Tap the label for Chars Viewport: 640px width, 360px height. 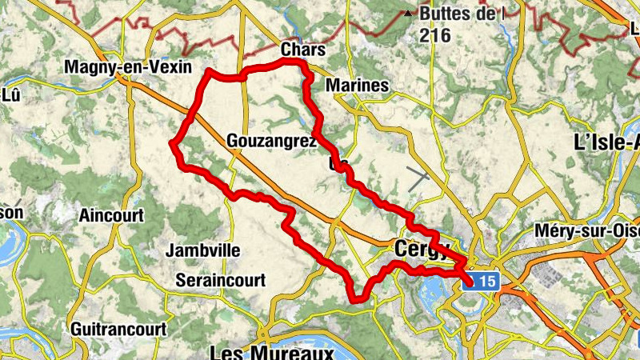(x=303, y=50)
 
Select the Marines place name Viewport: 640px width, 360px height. (x=358, y=86)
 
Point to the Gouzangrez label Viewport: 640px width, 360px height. (x=272, y=141)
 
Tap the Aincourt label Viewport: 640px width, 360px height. (x=111, y=215)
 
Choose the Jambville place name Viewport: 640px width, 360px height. (x=202, y=250)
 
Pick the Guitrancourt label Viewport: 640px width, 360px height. (x=118, y=329)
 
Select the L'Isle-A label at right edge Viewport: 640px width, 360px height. (x=608, y=142)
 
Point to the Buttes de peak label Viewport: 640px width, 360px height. (x=463, y=14)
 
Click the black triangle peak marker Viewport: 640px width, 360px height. (x=409, y=14)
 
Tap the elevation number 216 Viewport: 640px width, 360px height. (x=434, y=35)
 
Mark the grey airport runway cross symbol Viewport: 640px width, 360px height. (x=418, y=179)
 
